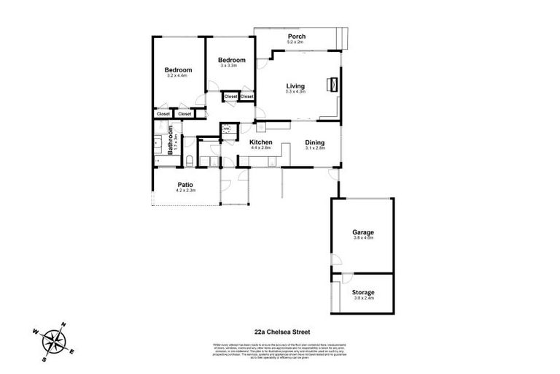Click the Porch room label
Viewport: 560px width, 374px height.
point(296,37)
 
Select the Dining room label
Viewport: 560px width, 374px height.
point(314,142)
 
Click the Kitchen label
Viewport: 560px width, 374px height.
point(260,142)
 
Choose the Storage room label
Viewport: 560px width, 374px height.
point(363,293)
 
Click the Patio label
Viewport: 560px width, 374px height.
point(185,184)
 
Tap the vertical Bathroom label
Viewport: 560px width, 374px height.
point(170,140)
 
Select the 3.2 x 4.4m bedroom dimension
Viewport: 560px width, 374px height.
point(177,76)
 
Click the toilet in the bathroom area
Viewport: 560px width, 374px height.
point(190,161)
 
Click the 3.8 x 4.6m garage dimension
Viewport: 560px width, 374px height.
point(363,238)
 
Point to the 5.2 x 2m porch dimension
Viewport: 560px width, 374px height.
point(296,42)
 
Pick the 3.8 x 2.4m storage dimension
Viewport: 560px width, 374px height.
point(363,299)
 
